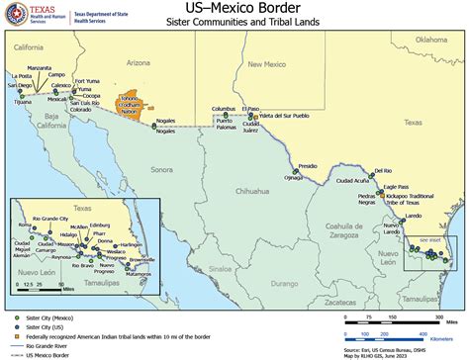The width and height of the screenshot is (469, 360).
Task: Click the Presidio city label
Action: click(x=308, y=165)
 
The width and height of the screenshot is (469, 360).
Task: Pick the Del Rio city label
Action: click(x=382, y=171)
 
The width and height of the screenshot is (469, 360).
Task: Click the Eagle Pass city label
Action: click(x=396, y=187)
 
